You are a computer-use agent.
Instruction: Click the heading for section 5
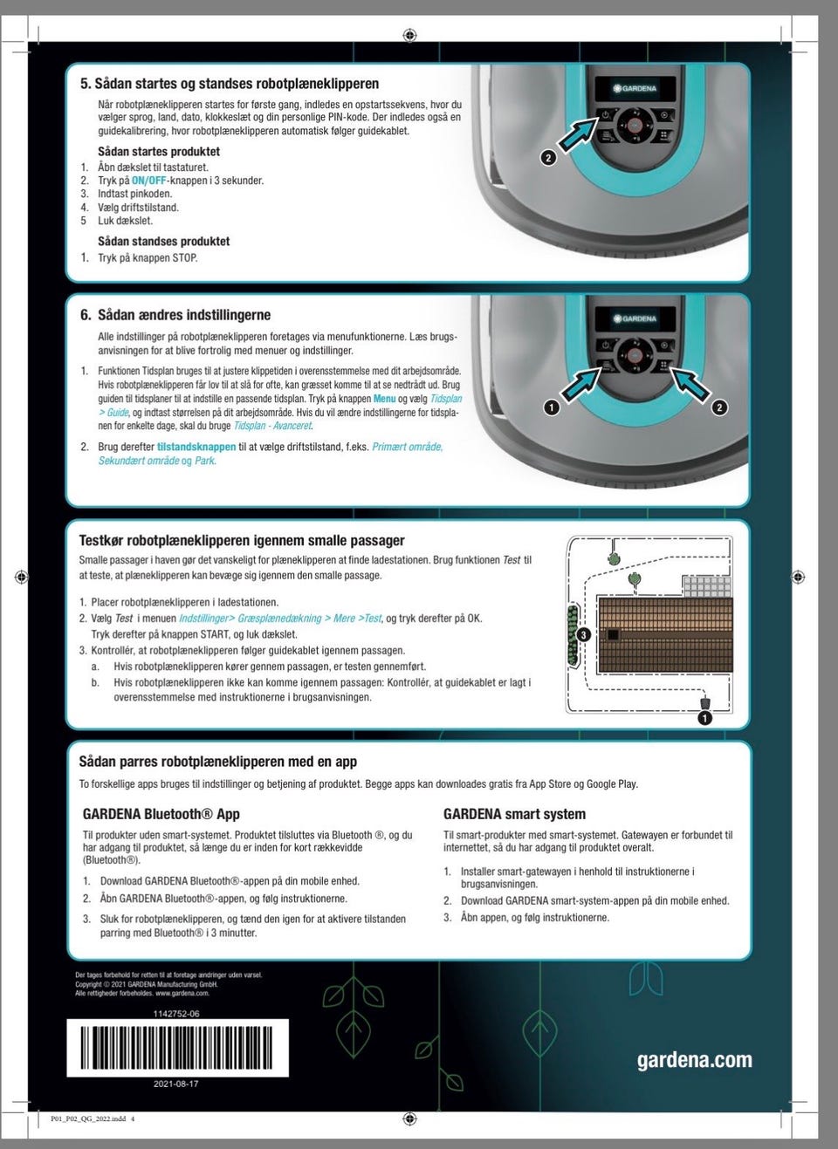(x=230, y=85)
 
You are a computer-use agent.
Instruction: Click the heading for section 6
(x=175, y=315)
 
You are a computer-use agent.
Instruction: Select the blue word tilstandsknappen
(x=196, y=447)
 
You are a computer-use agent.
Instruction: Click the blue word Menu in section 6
(x=384, y=399)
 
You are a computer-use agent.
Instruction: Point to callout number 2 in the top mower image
(x=547, y=158)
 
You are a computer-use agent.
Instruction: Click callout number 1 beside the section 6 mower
(x=551, y=407)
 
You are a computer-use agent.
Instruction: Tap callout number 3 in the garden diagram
(x=584, y=634)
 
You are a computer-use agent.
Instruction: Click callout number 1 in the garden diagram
(x=704, y=718)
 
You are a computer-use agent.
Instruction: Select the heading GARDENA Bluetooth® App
(x=161, y=814)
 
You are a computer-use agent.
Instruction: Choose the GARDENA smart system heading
(x=514, y=814)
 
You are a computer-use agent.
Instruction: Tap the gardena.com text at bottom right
(x=694, y=1060)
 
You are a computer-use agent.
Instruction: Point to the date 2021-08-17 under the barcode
(x=175, y=1084)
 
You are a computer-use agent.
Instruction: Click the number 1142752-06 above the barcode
(x=175, y=1014)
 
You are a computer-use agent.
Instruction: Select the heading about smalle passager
(x=242, y=541)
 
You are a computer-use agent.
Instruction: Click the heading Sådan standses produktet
(x=163, y=241)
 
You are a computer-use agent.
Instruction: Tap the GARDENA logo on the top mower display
(x=635, y=89)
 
